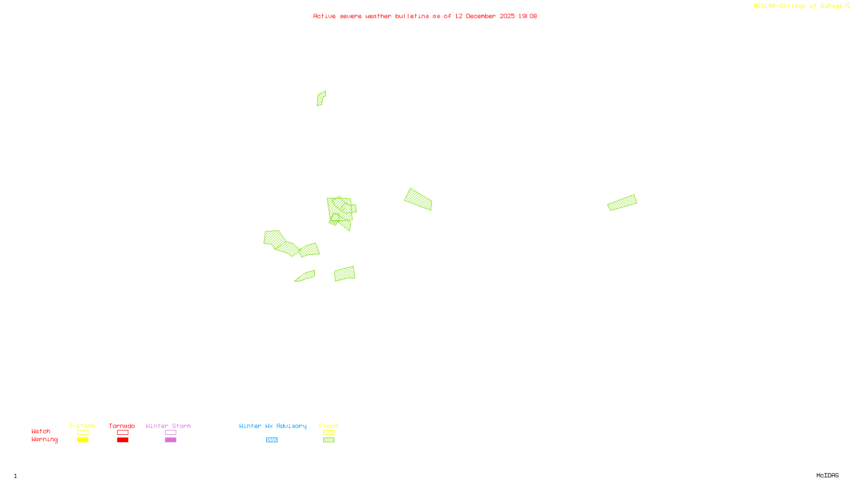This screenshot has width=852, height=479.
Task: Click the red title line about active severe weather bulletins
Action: tap(424, 16)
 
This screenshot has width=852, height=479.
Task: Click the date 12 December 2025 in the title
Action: tap(485, 16)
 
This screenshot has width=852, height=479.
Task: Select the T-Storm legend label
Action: tap(82, 426)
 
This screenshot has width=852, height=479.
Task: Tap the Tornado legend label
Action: tap(122, 426)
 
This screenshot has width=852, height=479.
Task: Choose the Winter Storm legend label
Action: tap(168, 426)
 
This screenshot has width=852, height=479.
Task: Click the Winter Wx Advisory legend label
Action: tap(273, 426)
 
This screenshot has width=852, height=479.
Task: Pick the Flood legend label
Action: tap(329, 426)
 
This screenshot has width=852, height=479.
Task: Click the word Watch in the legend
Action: tap(41, 431)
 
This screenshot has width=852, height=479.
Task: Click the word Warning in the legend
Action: tap(44, 440)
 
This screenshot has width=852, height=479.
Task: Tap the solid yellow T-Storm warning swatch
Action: tap(83, 440)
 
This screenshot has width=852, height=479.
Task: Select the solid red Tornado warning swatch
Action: tap(123, 440)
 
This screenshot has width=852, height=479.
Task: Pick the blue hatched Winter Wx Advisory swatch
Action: tap(272, 440)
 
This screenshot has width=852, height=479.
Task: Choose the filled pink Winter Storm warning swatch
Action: tap(170, 440)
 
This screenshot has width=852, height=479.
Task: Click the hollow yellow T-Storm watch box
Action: tap(83, 433)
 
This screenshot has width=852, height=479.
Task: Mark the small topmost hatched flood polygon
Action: tap(321, 98)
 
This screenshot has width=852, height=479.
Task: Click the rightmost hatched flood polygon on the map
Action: tap(622, 203)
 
